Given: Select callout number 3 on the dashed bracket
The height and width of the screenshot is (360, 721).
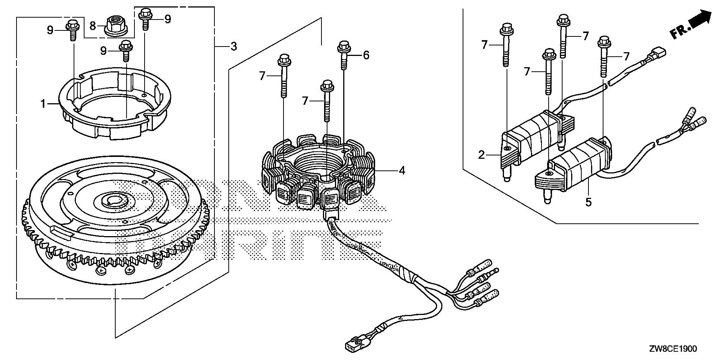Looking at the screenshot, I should click(x=233, y=47).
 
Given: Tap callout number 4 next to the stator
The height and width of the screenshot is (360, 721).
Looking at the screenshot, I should click(x=402, y=171).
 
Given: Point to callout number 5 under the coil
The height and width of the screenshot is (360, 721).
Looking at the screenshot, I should click(x=588, y=202).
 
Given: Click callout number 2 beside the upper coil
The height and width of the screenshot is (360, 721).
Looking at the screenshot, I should click(x=482, y=155).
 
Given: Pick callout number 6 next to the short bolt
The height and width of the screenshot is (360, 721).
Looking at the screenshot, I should click(x=366, y=56).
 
